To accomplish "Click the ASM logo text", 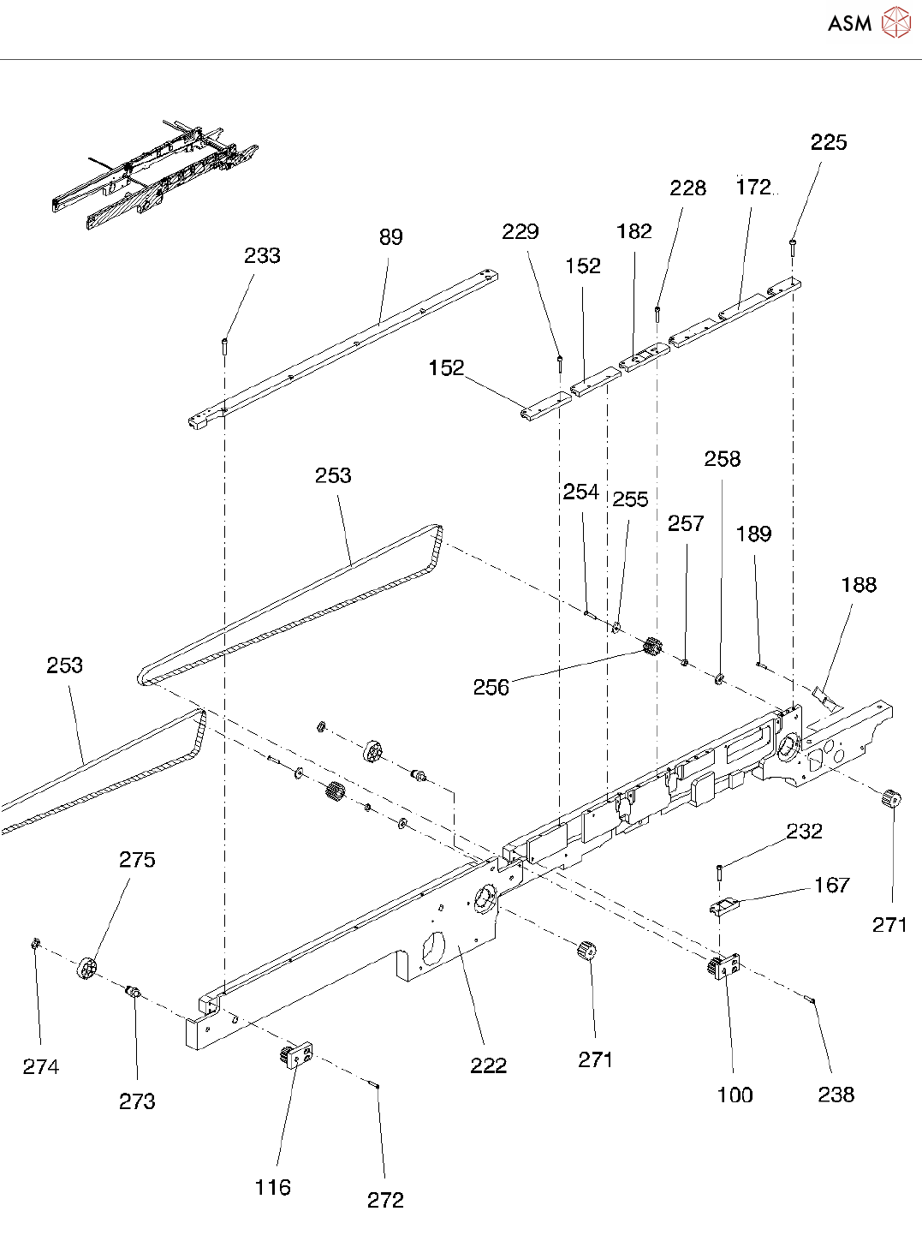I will [x=848, y=24].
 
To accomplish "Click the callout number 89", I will [x=390, y=237].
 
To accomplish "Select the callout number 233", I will [x=262, y=256].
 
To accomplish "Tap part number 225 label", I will [x=828, y=143].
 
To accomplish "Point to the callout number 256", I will [x=491, y=687].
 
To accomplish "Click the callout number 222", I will [x=488, y=1065].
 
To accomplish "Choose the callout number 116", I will [x=272, y=1187].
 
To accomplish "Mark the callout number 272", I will [x=385, y=1200].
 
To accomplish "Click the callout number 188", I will [x=858, y=585].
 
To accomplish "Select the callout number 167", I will [x=831, y=885].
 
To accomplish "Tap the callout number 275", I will [x=137, y=860].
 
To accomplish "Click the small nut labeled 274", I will [x=36, y=944].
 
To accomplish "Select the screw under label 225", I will [x=794, y=246].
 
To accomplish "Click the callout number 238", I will [x=836, y=1095].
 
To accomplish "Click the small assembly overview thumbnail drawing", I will [x=154, y=175].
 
